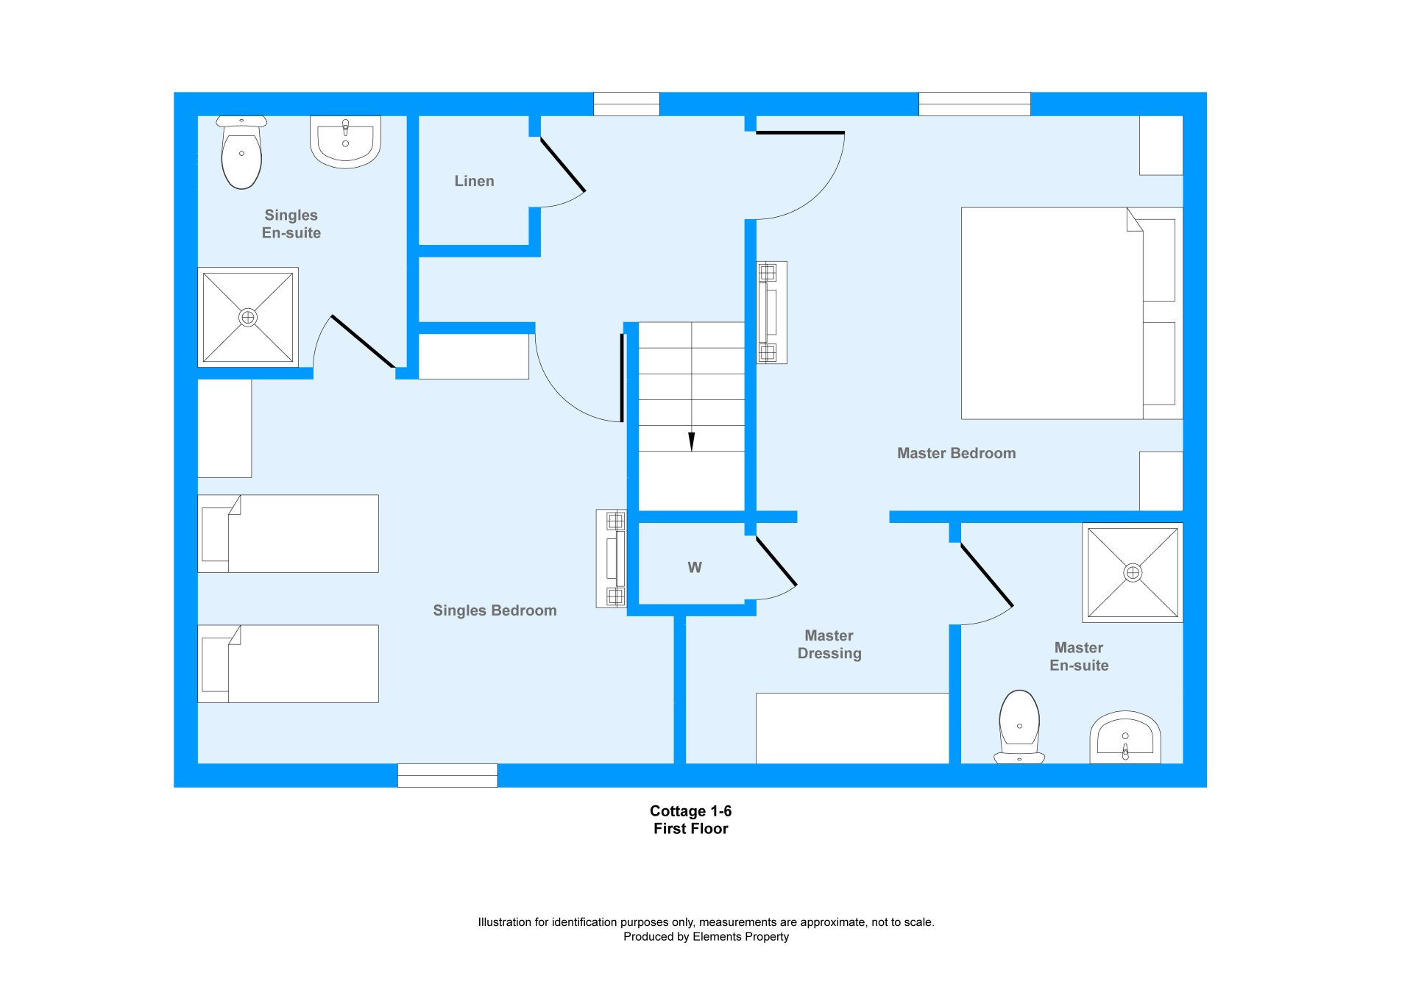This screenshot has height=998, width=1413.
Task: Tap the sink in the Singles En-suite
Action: pos(345,141)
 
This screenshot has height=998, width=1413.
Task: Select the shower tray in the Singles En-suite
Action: pos(248,317)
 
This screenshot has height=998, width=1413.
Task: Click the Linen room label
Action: pos(474,181)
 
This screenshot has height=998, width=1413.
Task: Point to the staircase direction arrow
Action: pos(691,441)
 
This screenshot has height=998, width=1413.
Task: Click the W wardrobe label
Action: pos(695,568)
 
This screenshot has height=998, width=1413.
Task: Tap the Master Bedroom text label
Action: pos(956,454)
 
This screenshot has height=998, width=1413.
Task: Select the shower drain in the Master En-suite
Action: pos(1133,572)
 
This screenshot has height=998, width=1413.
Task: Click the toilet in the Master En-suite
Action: pos(1019,727)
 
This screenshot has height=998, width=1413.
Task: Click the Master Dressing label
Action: pos(829,644)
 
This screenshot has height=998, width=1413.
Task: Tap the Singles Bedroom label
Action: pos(495,610)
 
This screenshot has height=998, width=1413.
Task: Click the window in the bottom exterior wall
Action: pos(447,775)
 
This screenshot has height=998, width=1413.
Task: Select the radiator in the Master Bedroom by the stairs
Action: pos(771,313)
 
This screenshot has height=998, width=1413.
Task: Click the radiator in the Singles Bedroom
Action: pos(612,558)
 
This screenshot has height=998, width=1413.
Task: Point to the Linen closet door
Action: pos(563,165)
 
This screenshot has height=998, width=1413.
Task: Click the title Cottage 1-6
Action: pos(690,811)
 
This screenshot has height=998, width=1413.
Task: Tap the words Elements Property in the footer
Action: pos(741,937)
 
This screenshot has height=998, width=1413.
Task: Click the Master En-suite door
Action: pos(987,574)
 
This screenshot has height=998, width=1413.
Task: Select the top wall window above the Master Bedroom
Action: pos(974,104)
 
